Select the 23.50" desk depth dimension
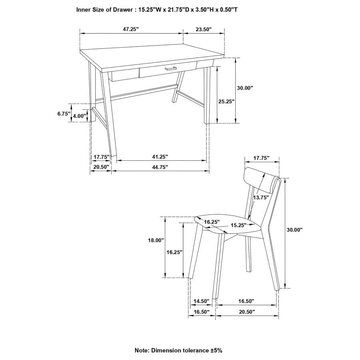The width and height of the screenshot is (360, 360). (x=203, y=29)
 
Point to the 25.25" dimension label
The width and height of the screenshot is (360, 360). (x=226, y=102)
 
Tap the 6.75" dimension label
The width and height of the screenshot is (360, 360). (x=64, y=114)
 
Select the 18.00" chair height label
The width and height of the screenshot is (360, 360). (x=156, y=240)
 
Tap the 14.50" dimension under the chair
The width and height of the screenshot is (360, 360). (x=201, y=301)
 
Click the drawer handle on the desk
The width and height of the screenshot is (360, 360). (x=170, y=70)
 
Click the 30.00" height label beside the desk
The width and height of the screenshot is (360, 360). (x=245, y=88)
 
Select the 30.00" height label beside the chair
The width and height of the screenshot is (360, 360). (x=295, y=230)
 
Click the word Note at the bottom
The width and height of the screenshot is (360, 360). (x=142, y=350)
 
